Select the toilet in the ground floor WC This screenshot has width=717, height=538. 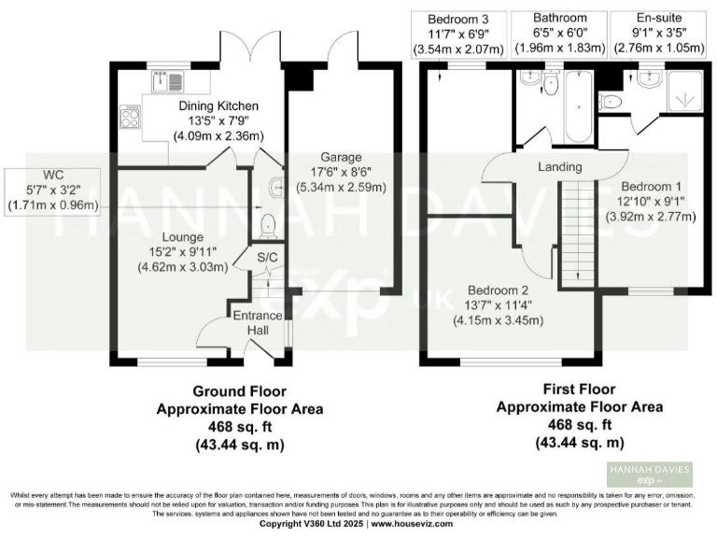[268, 224]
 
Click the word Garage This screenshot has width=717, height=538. [343, 157]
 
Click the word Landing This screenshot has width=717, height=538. [560, 167]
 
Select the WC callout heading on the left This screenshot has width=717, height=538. [52, 174]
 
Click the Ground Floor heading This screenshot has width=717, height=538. [239, 390]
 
